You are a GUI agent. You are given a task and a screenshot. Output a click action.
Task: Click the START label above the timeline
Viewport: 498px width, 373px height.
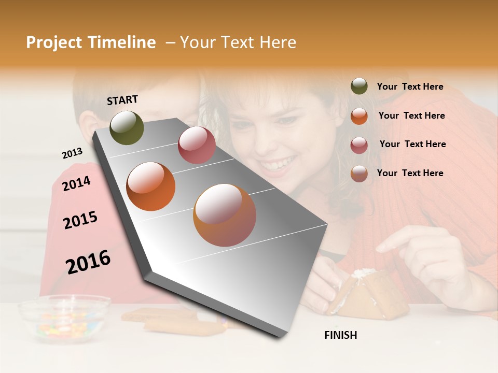tap(122, 100)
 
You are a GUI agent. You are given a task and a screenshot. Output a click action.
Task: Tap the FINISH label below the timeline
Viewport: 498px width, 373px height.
tap(340, 335)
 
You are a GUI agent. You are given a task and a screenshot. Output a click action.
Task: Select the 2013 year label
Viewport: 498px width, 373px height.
tap(72, 153)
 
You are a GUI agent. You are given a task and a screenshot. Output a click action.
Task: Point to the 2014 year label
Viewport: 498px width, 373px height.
tap(76, 183)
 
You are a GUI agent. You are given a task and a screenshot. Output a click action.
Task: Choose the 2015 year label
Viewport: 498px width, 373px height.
tap(80, 220)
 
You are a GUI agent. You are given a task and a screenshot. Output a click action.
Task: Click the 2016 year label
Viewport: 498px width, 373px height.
tap(88, 262)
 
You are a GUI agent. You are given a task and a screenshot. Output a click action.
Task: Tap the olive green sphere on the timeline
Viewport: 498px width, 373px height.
tap(127, 127)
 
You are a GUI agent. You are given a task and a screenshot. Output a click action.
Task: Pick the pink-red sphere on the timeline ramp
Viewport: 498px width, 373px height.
tap(197, 145)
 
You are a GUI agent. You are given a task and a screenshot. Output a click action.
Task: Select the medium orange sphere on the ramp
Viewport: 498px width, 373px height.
tap(151, 187)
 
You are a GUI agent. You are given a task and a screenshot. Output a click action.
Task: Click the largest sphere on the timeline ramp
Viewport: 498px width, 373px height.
tap(225, 215)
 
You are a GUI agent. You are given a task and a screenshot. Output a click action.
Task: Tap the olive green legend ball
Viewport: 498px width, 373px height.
tap(359, 87)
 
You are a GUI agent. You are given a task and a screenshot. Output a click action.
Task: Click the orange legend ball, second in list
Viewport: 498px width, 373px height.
tap(359, 116)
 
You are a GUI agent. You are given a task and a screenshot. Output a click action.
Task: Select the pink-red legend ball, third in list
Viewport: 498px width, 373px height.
tap(359, 145)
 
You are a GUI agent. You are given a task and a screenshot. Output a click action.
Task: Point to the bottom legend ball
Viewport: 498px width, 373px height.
tap(359, 174)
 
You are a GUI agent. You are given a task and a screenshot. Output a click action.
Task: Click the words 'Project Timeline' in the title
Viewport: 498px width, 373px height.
tap(91, 42)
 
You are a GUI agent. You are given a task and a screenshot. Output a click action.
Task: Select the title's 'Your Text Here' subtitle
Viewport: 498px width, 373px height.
tap(238, 42)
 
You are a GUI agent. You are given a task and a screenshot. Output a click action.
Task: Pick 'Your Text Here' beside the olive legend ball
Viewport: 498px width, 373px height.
tap(410, 87)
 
